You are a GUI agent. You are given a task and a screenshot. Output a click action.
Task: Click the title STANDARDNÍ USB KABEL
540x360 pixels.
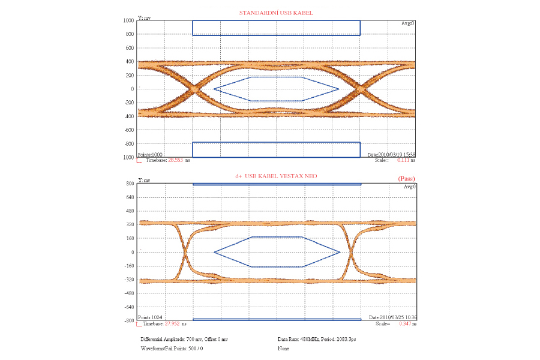277,12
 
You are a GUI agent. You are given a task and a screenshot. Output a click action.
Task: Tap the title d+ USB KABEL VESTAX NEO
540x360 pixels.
277,176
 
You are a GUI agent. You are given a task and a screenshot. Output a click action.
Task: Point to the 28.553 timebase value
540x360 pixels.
175,161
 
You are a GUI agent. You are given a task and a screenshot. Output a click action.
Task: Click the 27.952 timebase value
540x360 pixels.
175,324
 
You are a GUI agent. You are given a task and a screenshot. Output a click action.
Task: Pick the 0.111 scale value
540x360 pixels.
403,161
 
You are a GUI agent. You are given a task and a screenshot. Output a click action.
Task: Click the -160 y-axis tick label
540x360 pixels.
128,266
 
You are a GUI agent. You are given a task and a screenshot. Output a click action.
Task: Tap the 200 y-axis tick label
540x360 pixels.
129,75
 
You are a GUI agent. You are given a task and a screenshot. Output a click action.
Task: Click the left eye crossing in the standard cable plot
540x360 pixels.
194,89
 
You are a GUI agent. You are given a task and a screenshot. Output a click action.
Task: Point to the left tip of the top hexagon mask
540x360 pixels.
214,89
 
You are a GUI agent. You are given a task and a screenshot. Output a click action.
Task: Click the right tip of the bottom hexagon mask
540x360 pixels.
340,252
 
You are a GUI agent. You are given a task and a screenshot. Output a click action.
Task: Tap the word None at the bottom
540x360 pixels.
283,349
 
